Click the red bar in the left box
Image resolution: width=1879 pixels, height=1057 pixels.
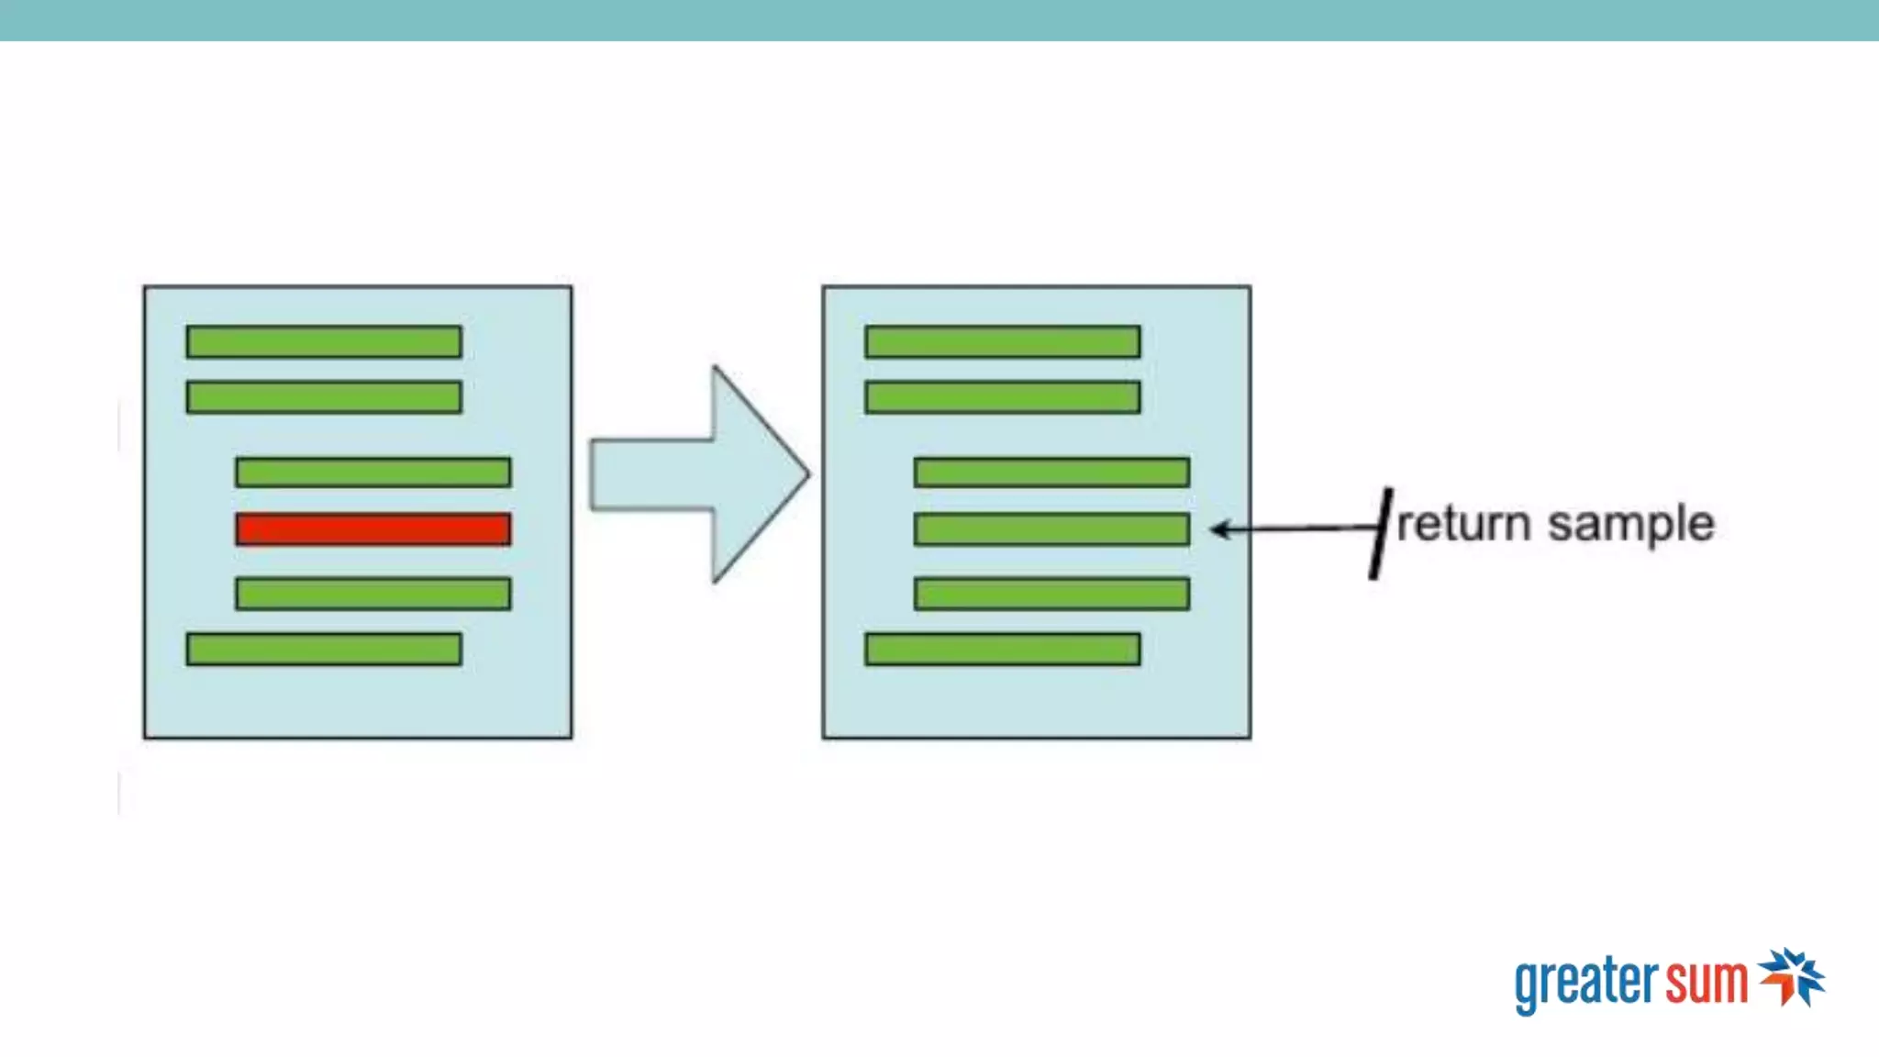point(372,529)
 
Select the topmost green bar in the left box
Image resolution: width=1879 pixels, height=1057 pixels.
point(324,341)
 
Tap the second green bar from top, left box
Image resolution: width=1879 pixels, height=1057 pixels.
point(324,397)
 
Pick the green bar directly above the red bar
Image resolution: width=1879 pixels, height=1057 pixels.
point(372,472)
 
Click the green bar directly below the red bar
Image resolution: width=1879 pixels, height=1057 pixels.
point(372,594)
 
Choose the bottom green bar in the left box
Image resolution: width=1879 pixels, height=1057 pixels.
point(324,649)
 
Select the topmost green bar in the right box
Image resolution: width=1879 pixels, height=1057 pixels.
point(1003,341)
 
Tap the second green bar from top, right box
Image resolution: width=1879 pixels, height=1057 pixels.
point(1003,397)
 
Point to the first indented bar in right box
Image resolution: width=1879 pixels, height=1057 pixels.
point(1051,472)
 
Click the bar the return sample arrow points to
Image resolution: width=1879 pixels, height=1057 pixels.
point(1051,529)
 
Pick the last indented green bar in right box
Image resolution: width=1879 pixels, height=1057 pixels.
point(1051,594)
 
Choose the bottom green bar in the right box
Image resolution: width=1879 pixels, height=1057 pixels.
point(1003,649)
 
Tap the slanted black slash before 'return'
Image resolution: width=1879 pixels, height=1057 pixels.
point(1380,533)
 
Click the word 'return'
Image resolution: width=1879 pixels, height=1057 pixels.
point(1463,525)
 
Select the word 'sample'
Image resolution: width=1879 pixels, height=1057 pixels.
point(1630,525)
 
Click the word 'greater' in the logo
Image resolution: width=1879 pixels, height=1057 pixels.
point(1585,984)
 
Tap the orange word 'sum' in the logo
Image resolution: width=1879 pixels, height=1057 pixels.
point(1707,982)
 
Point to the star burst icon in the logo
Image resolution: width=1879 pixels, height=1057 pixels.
point(1792,976)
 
